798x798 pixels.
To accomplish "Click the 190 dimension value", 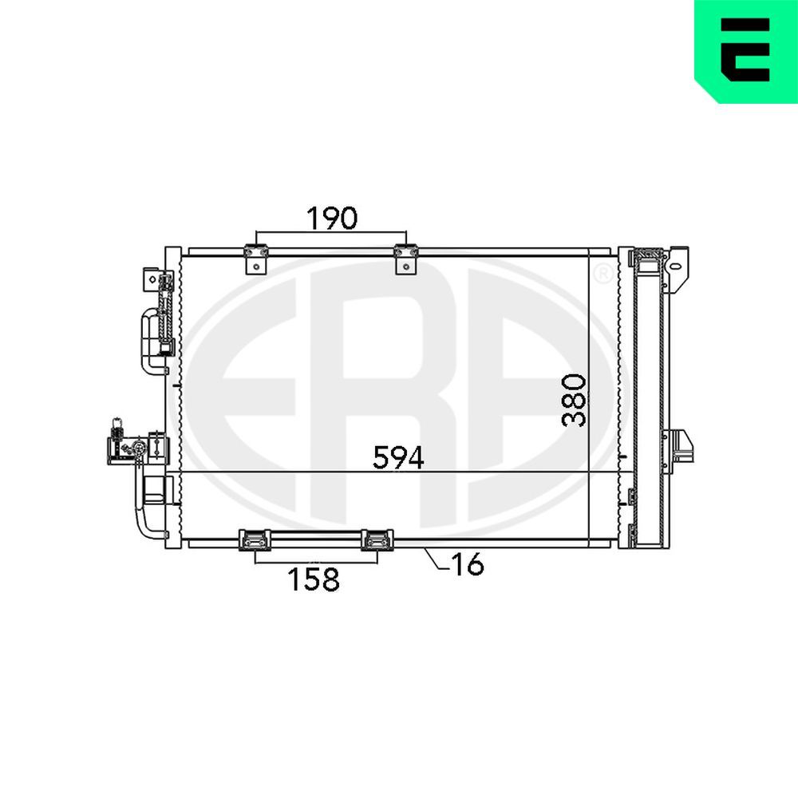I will click(x=332, y=217).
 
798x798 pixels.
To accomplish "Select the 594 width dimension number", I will click(x=399, y=457).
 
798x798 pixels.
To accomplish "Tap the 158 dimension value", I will click(x=314, y=579).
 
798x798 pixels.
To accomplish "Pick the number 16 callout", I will click(x=467, y=564).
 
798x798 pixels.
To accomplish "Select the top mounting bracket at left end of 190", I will click(x=255, y=259).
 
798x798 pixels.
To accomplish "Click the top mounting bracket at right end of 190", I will click(x=405, y=259).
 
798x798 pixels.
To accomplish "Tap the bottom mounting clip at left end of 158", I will click(x=255, y=540).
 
